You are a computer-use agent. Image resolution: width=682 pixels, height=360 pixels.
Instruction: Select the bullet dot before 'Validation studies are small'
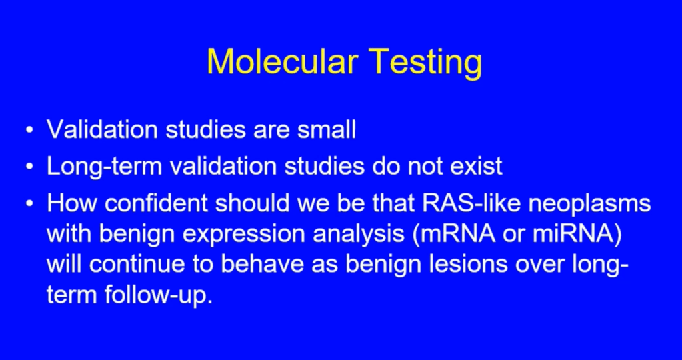pyautogui.click(x=29, y=130)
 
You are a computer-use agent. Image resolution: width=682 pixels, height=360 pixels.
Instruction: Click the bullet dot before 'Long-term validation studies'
pyautogui.click(x=29, y=167)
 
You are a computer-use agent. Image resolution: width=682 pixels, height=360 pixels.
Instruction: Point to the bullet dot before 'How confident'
pyautogui.click(x=29, y=204)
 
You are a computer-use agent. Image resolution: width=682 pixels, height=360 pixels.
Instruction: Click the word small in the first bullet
pyautogui.click(x=327, y=129)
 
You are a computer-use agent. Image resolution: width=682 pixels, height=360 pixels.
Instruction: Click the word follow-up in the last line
pyautogui.click(x=158, y=297)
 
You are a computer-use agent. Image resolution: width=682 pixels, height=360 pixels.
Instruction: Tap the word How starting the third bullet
pyautogui.click(x=72, y=203)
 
